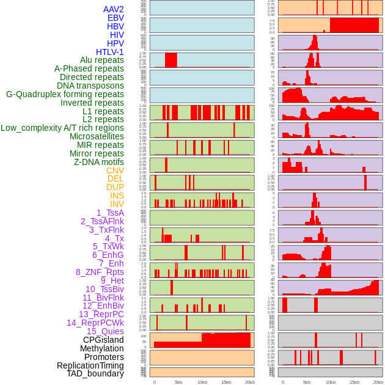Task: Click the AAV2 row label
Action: point(113,9)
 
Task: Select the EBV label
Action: point(116,18)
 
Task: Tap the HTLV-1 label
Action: point(109,52)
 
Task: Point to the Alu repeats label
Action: point(102,60)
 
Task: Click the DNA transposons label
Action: point(90,86)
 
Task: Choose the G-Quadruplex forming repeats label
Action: point(65,94)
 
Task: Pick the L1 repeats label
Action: point(103,111)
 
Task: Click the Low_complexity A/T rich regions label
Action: point(62,128)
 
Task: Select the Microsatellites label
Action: point(97,136)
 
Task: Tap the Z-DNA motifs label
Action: point(99,162)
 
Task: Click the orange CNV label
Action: point(115,170)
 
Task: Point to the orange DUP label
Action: point(115,187)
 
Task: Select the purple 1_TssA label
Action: point(110,213)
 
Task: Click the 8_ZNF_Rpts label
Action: point(100,272)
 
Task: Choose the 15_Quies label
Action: point(105,331)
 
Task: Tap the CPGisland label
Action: point(103,340)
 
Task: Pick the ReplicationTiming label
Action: point(90,365)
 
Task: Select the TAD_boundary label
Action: point(95,373)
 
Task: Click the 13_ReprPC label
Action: point(101,314)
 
